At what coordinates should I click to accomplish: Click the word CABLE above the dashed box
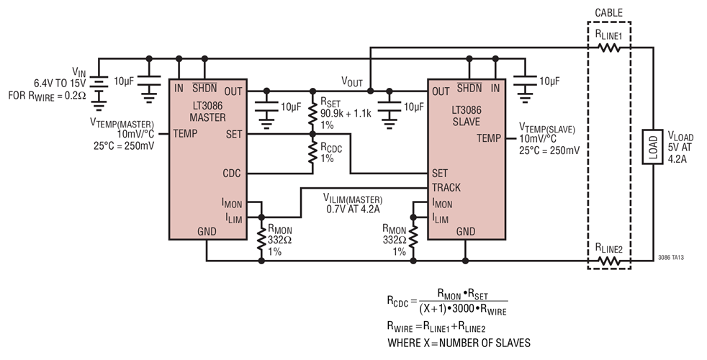[609, 12]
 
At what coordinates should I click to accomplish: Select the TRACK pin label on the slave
[447, 187]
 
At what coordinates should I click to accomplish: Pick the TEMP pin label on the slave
[487, 138]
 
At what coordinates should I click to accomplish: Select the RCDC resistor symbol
[312, 153]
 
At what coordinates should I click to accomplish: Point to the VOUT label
[353, 81]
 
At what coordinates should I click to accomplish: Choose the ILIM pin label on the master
[233, 217]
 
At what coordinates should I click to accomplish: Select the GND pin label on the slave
[466, 231]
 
